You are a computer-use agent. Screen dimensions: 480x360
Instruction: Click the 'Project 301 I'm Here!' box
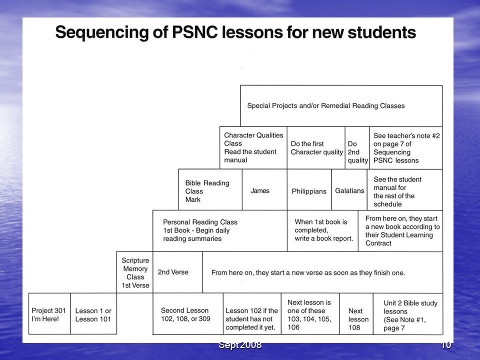(49, 314)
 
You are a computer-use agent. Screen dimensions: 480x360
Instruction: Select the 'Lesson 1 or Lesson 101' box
(93, 314)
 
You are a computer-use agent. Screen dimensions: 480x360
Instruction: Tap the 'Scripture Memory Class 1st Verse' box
(134, 272)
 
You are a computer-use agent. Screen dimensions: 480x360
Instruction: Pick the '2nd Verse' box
(177, 272)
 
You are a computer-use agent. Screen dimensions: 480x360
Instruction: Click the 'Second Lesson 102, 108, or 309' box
(188, 314)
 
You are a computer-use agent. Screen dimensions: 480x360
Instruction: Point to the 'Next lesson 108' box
(356, 314)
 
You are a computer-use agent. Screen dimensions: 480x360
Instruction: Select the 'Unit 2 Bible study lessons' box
(408, 314)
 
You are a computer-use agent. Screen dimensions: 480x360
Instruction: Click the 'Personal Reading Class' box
(220, 231)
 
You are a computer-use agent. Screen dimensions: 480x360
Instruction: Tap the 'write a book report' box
(322, 231)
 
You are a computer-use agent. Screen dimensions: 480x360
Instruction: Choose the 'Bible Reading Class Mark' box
(210, 190)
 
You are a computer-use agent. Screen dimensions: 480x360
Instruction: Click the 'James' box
(264, 190)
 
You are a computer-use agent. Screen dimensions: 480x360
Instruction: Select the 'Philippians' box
(309, 190)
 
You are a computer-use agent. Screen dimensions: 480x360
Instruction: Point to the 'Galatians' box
(349, 190)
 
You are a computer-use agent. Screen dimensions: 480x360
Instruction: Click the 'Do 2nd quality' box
(357, 148)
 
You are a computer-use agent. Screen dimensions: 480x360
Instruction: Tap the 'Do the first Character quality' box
(316, 148)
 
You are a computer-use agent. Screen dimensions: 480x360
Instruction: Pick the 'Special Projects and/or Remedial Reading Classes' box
(341, 106)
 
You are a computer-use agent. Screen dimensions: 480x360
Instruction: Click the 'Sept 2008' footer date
(240, 344)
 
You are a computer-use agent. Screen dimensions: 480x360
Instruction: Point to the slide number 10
(446, 344)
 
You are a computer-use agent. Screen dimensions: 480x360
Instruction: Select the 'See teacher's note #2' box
(406, 148)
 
